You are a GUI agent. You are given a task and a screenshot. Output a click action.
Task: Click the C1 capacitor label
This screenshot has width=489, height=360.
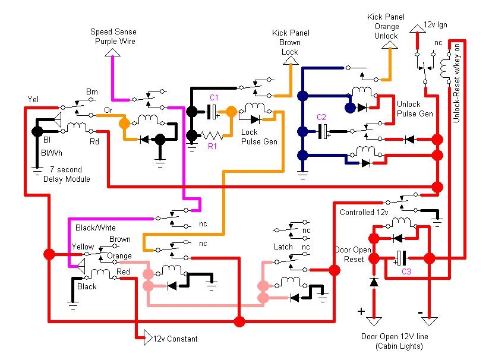click(214, 97)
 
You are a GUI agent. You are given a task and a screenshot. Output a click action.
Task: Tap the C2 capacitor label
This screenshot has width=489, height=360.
click(321, 116)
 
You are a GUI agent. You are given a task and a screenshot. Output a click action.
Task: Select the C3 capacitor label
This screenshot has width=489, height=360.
click(406, 272)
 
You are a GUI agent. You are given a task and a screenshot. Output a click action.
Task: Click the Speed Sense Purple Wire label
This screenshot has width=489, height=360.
click(113, 36)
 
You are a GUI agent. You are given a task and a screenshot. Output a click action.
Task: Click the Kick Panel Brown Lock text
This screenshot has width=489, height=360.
click(290, 42)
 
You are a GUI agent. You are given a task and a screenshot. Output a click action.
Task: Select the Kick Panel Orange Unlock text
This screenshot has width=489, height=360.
click(386, 27)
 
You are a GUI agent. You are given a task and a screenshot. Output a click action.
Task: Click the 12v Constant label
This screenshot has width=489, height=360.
click(175, 339)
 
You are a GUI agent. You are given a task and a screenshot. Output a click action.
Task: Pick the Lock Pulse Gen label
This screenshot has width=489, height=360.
click(258, 137)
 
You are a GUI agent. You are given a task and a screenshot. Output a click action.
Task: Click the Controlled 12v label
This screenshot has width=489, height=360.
click(364, 212)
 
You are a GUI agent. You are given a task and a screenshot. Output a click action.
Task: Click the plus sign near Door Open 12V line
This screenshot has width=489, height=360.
click(361, 311)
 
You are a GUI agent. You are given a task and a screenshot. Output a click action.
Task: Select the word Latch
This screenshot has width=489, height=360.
click(283, 247)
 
